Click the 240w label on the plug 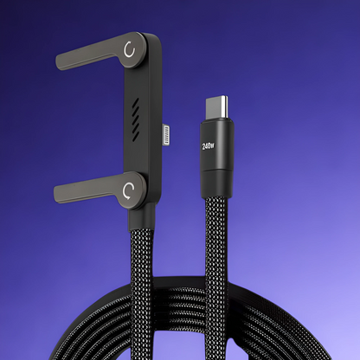click(x=209, y=146)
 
